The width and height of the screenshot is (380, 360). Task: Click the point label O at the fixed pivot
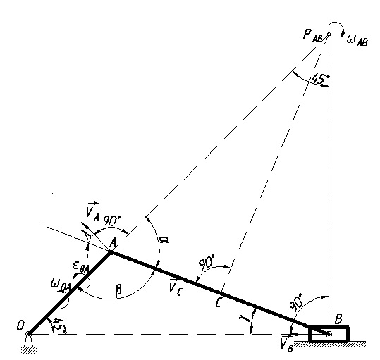[20, 325]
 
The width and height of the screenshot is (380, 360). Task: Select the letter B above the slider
[338, 319]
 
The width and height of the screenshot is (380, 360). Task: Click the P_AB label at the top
[313, 35]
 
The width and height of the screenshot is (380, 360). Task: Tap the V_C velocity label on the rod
[175, 287]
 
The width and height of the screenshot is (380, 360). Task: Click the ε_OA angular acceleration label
[81, 268]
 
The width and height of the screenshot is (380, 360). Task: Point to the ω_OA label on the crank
[61, 284]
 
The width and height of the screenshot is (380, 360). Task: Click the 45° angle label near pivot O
[60, 325]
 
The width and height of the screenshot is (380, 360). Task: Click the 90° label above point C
[207, 262]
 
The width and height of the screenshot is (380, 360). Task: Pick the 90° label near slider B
[295, 302]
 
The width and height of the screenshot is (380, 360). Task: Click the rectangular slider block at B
[329, 334]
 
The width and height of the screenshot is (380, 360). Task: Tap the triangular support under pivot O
[29, 342]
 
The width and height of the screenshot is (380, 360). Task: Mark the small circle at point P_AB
[329, 35]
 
